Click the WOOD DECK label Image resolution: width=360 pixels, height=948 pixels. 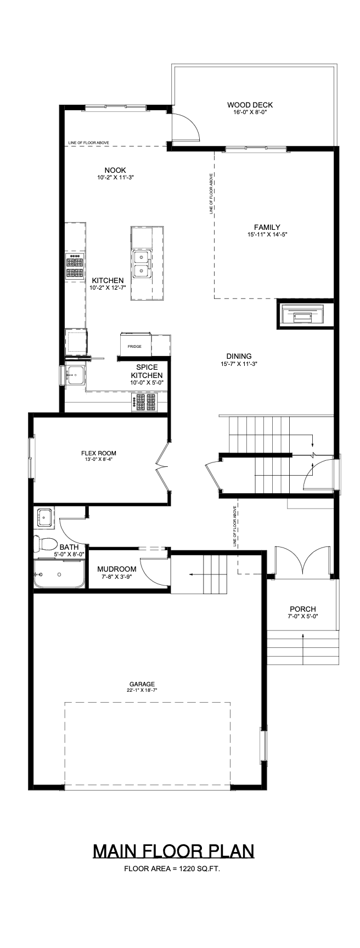tap(250, 105)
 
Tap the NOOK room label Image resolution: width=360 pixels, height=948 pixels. tap(115, 170)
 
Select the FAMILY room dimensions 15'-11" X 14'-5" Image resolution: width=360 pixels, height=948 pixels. tap(267, 235)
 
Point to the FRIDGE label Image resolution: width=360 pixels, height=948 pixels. tap(134, 347)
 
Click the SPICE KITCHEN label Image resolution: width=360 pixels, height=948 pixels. tap(147, 371)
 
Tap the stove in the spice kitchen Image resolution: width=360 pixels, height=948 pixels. tap(144, 402)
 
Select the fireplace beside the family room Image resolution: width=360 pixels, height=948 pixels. tap(305, 314)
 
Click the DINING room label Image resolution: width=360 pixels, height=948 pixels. tap(239, 356)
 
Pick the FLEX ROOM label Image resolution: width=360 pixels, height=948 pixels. tap(99, 453)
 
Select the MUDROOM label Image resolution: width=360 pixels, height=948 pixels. tap(116, 569)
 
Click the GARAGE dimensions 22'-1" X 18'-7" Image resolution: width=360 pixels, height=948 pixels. tap(142, 691)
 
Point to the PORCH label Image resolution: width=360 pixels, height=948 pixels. tap(303, 609)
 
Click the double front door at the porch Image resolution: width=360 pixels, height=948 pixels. tap(301, 561)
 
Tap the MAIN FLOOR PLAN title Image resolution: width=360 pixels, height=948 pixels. tap(173, 851)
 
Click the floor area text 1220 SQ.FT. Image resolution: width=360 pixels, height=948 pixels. tap(172, 868)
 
